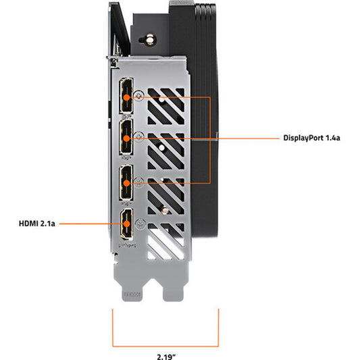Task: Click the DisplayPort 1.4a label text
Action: pos(311,138)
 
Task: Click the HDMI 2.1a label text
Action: pos(37,224)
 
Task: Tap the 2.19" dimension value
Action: pos(166,357)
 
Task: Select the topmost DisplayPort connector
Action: pos(126,95)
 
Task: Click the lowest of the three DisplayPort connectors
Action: pos(126,182)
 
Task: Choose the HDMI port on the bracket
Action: pos(127,223)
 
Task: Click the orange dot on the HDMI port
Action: pos(126,224)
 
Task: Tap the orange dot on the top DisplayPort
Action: pos(126,97)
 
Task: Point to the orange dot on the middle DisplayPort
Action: pos(126,138)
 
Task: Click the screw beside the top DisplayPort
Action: pos(139,95)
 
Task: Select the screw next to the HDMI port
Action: pos(140,224)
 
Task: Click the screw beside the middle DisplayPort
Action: pos(138,136)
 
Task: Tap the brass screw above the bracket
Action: pos(150,40)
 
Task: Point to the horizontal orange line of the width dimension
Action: pos(165,346)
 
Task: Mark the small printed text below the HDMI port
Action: pos(128,245)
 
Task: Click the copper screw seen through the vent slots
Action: pos(165,210)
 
